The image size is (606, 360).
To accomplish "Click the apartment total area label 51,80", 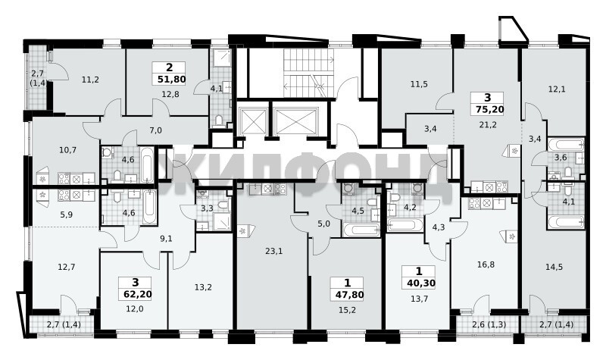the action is click(172, 80).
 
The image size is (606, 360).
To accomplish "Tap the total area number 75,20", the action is click(489, 109).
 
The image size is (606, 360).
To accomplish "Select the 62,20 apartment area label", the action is click(138, 294).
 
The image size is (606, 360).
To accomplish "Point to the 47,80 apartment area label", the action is click(349, 295).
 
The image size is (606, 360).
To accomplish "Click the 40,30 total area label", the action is click(421, 283).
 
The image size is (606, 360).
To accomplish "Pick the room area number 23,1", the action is click(274, 252).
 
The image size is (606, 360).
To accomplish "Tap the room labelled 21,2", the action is click(488, 124).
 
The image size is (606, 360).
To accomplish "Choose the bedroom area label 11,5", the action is click(419, 84).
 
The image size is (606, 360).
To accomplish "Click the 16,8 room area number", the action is click(486, 265).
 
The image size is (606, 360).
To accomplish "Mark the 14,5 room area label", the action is click(554, 267).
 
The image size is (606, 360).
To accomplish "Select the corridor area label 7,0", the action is click(155, 130).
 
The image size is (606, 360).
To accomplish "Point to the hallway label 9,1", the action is click(166, 239).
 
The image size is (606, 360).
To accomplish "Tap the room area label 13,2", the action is click(203, 287).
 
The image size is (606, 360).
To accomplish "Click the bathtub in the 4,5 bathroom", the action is click(362, 230).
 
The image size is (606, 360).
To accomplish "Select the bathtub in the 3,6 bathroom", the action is click(566, 145).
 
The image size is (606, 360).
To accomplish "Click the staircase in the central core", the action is click(308, 73).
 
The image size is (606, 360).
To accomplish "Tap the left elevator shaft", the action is click(254, 121).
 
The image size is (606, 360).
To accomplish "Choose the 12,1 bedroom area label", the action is click(557, 89).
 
